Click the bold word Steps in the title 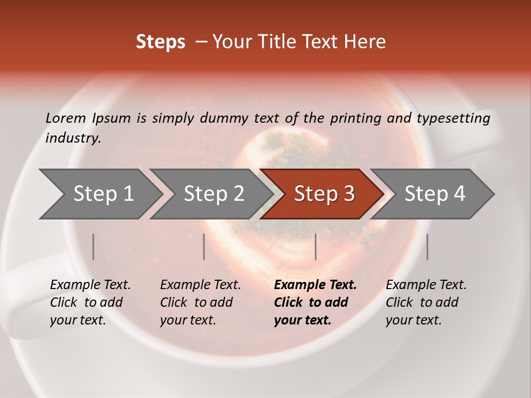coord(160,42)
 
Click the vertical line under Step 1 coord(93,247)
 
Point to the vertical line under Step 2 coord(204,247)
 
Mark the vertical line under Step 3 coord(315,247)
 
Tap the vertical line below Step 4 coord(427,247)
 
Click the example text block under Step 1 coord(90,302)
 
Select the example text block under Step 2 coord(200,302)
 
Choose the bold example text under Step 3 coord(315,302)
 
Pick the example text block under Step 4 coord(425,302)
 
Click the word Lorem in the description coord(66,118)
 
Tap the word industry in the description coord(73,138)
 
